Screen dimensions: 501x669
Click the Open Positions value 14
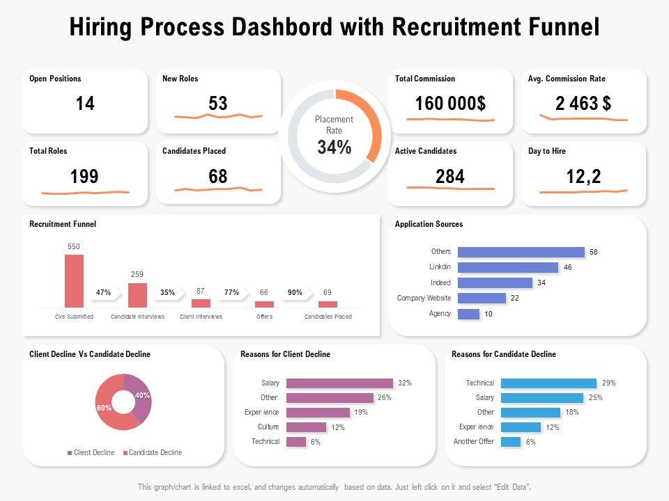pos(85,104)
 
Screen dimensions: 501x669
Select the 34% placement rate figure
pos(334,148)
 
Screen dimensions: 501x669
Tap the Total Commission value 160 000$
pos(450,104)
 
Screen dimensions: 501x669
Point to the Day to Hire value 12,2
pos(583,177)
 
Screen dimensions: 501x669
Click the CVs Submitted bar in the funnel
pos(74,280)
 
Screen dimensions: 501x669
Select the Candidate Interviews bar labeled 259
pos(137,295)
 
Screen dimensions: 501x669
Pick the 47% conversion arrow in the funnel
pos(104,293)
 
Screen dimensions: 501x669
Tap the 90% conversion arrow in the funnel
pos(295,293)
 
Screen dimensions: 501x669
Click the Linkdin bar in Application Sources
pos(508,267)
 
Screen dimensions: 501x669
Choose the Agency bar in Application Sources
pos(468,314)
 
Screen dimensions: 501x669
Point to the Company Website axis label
pos(424,298)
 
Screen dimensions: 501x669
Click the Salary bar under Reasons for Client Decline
pos(339,383)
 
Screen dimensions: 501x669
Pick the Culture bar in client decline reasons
pos(306,427)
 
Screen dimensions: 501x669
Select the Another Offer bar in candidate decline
pos(511,442)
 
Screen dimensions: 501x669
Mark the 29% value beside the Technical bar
pos(608,383)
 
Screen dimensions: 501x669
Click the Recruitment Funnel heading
pos(63,224)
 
